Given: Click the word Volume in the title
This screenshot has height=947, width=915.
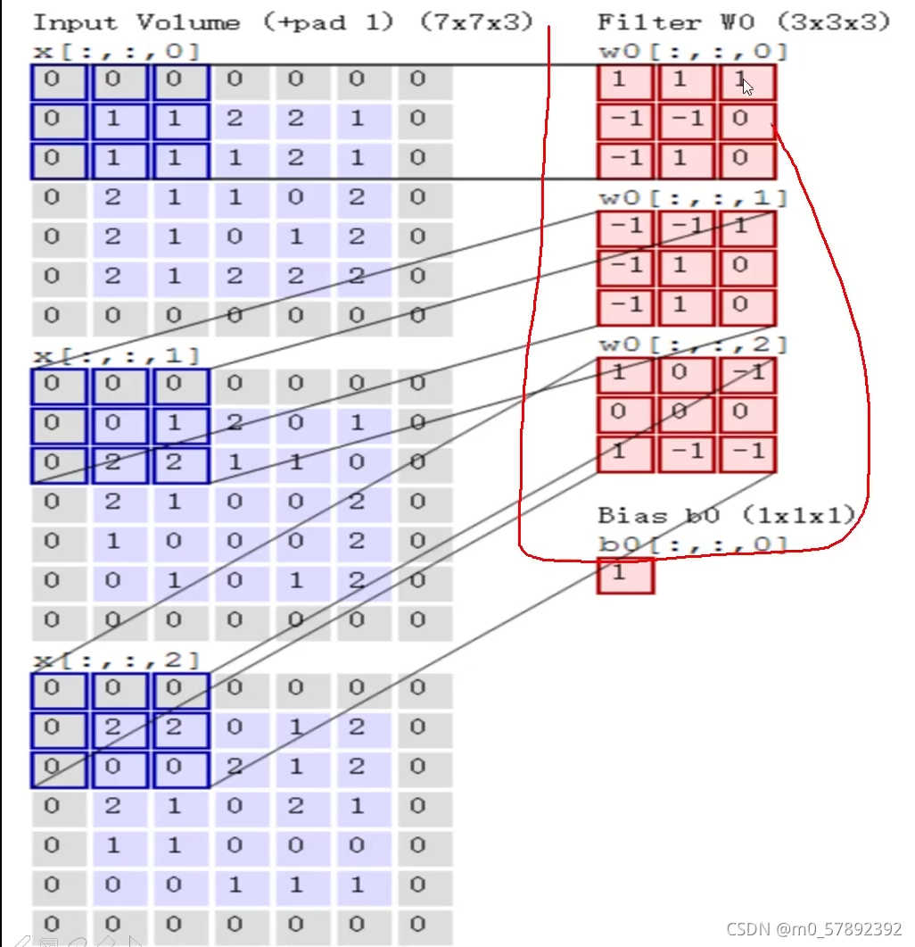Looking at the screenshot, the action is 188,22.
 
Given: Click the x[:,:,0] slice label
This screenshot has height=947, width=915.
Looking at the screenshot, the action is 116,52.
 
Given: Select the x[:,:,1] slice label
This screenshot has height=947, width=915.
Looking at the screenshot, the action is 116,356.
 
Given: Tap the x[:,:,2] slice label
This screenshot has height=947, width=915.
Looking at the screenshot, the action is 116,660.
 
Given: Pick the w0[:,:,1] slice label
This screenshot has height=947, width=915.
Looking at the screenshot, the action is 692,197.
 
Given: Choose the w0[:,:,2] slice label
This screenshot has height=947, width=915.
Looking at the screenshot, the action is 692,344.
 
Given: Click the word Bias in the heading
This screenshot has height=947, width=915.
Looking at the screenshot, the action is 633,515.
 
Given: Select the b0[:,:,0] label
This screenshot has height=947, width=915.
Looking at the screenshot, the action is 692,544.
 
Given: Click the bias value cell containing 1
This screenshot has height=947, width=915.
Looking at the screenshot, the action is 625,575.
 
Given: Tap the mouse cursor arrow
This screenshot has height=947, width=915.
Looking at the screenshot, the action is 746,87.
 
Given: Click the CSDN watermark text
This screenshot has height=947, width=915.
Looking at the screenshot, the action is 814,929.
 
